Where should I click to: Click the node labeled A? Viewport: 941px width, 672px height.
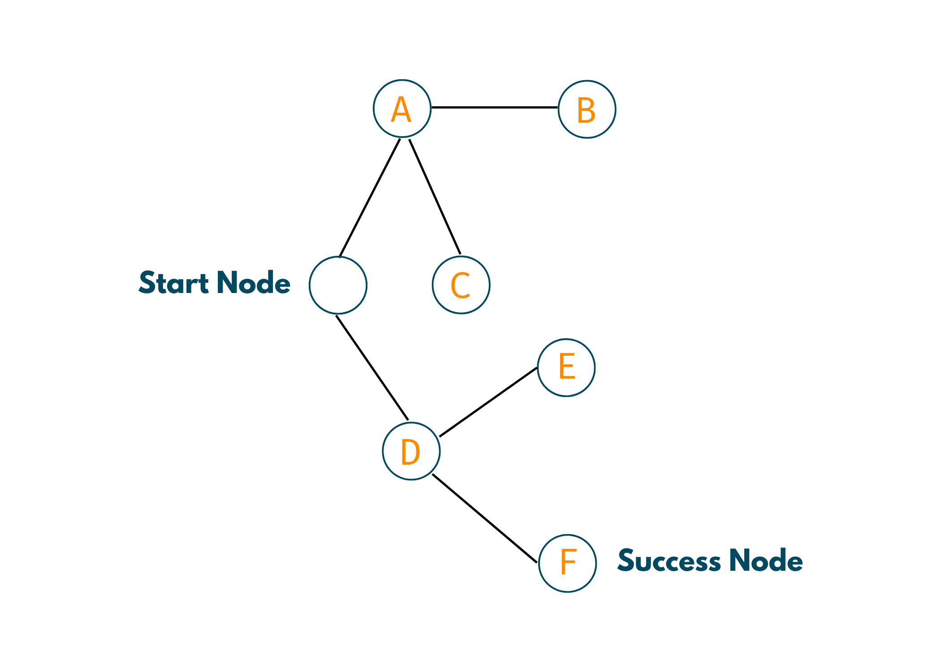pyautogui.click(x=402, y=108)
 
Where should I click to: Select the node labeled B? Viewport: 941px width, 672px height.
pyautogui.click(x=587, y=109)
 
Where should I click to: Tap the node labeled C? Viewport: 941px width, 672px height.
pyautogui.click(x=461, y=285)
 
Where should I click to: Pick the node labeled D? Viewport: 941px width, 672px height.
pyautogui.click(x=411, y=451)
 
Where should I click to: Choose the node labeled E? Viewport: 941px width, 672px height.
pyautogui.click(x=566, y=367)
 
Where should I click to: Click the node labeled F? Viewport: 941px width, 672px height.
pyautogui.click(x=567, y=563)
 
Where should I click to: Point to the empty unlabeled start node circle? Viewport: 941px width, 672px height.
pyautogui.click(x=338, y=285)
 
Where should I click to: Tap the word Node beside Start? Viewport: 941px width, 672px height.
pyautogui.click(x=253, y=283)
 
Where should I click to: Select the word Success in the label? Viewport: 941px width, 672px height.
pyautogui.click(x=669, y=560)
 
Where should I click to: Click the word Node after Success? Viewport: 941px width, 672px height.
pyautogui.click(x=766, y=560)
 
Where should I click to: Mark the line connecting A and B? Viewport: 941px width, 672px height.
pyautogui.click(x=494, y=108)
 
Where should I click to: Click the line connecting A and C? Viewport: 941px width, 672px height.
pyautogui.click(x=435, y=197)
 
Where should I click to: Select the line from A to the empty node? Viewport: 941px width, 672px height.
pyautogui.click(x=370, y=198)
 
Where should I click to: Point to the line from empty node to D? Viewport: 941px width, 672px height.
pyautogui.click(x=372, y=368)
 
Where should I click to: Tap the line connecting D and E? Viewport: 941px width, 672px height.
pyautogui.click(x=488, y=402)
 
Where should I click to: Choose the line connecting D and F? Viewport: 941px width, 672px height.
pyautogui.click(x=484, y=518)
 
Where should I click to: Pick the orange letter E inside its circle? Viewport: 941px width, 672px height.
pyautogui.click(x=567, y=366)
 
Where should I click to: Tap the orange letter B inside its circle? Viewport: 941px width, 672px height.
pyautogui.click(x=586, y=110)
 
